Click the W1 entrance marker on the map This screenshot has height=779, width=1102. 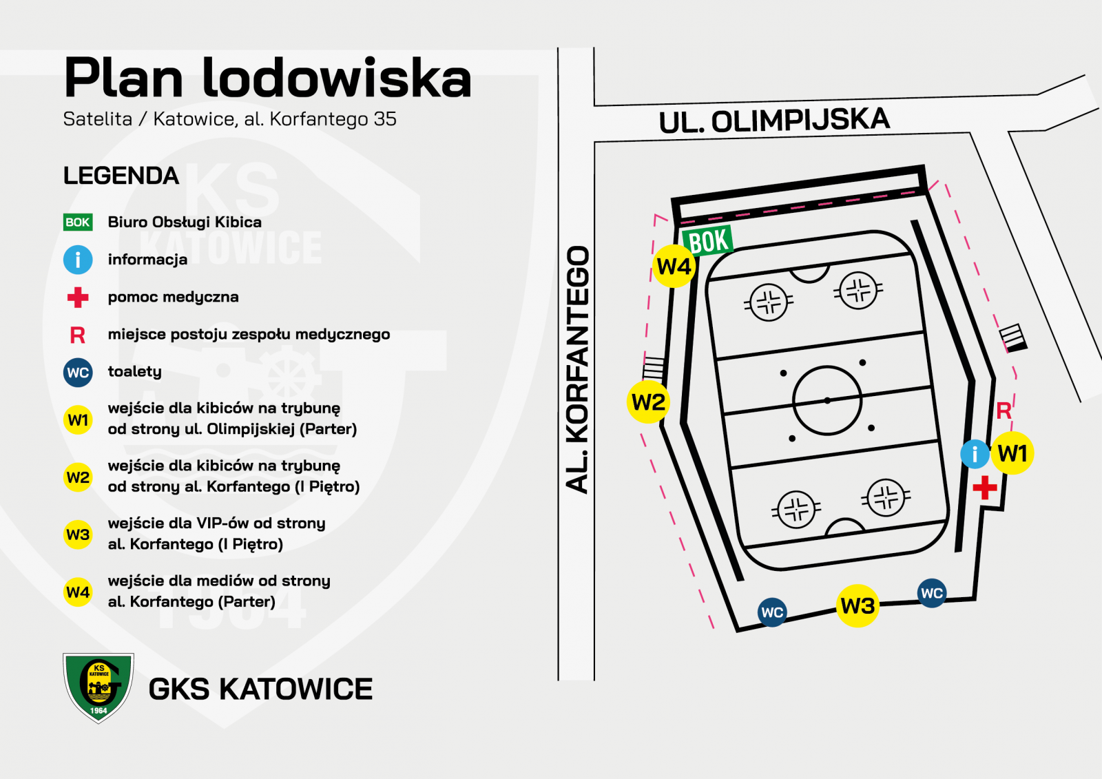pos(1012,453)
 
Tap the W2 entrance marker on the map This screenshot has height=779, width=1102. pos(648,402)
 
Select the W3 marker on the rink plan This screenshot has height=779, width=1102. pos(857,605)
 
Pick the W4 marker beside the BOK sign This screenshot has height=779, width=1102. pos(674,267)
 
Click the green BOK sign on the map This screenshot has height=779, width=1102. pos(707,240)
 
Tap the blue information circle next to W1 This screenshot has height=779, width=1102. pos(975,454)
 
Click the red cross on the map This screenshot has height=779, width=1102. pos(984,488)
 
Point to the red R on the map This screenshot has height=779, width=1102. pos(1004,411)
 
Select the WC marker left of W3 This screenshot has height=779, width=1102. pos(772,612)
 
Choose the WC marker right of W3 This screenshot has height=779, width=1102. pos(932,593)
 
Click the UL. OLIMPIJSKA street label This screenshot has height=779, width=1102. pos(774,121)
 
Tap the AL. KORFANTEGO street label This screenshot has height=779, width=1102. pos(577,369)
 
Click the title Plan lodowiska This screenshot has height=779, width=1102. pos(268,78)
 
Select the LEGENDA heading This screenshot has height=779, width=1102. pos(121,176)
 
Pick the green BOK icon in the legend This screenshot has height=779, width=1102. pos(78,222)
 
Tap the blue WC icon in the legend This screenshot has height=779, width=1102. pos(78,373)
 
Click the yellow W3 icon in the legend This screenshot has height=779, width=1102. pos(78,534)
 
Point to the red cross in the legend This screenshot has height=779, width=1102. pos(78,298)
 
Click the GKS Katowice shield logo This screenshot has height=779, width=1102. pos(98,688)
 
